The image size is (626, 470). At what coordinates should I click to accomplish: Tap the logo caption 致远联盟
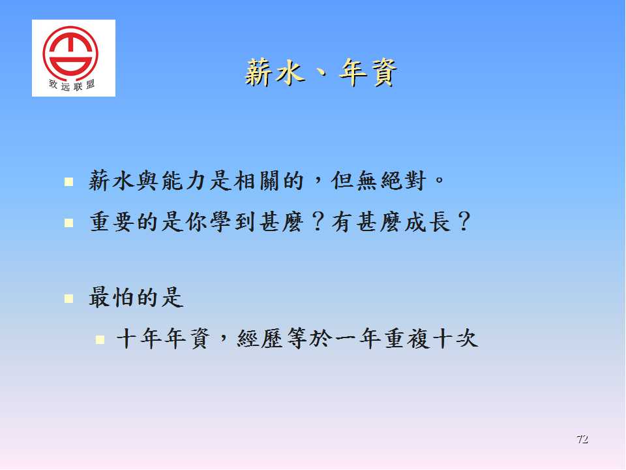click(x=72, y=85)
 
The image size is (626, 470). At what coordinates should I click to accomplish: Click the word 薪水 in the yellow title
click(x=275, y=73)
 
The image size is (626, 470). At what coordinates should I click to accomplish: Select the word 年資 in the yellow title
click(x=368, y=73)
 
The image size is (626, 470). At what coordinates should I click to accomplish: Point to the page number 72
click(x=582, y=439)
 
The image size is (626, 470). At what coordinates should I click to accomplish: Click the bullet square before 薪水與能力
click(x=68, y=182)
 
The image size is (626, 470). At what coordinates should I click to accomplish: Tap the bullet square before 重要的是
click(x=68, y=223)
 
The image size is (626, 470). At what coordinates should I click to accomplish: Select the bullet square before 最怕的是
click(x=68, y=298)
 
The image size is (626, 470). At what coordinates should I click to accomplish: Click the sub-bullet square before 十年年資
click(x=100, y=339)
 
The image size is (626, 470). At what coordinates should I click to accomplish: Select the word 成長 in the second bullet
click(x=427, y=222)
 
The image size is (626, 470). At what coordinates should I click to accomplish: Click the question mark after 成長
click(x=464, y=222)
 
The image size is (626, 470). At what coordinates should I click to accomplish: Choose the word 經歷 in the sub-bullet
click(x=260, y=339)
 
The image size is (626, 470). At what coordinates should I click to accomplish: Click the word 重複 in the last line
click(x=407, y=339)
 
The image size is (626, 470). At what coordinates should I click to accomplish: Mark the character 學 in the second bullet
click(x=220, y=222)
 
